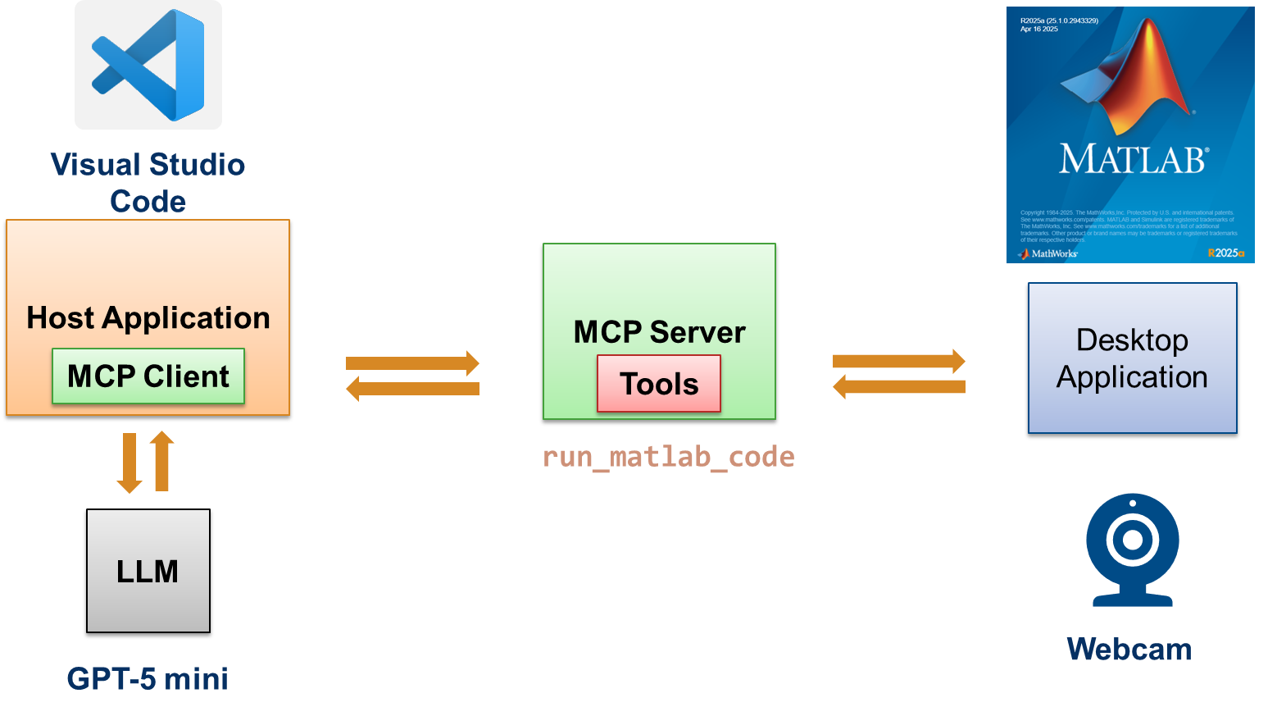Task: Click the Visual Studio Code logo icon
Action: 148,65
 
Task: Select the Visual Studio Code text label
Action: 148,182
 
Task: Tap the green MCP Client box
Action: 148,376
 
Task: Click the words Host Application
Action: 148,317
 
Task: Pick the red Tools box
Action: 659,384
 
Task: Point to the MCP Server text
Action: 659,332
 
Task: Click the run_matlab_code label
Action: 668,457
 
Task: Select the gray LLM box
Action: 148,571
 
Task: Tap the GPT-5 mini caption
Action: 148,679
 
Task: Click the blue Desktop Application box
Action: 1132,358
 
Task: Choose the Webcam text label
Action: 1129,650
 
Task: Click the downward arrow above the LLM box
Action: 130,463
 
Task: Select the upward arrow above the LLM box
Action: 162,461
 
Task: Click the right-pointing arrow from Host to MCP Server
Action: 412,363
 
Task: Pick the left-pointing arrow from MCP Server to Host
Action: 412,388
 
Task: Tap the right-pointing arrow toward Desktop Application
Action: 899,361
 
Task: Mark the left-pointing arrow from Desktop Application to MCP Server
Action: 899,386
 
